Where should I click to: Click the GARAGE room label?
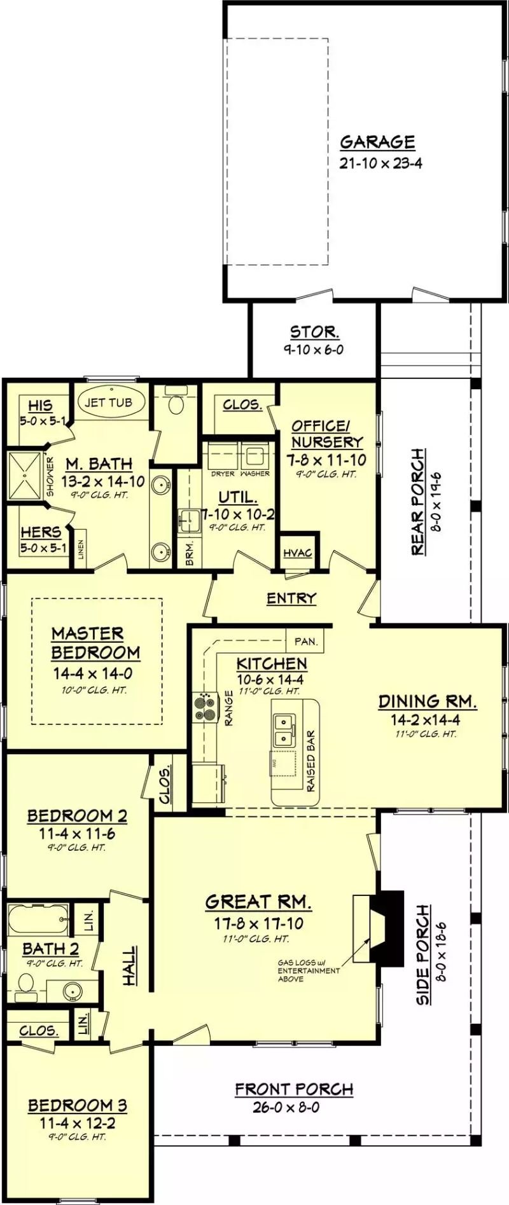pyautogui.click(x=377, y=142)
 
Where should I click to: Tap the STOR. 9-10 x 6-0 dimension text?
pyautogui.click(x=314, y=350)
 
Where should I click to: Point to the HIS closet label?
pyautogui.click(x=40, y=406)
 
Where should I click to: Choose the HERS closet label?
pyautogui.click(x=41, y=532)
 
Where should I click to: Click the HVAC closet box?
pyautogui.click(x=298, y=553)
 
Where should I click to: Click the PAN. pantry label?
pyautogui.click(x=306, y=642)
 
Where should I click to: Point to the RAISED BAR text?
pyautogui.click(x=311, y=761)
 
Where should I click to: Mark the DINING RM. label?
pyautogui.click(x=427, y=701)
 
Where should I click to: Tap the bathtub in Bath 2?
pyautogui.click(x=39, y=918)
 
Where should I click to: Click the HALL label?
pyautogui.click(x=129, y=966)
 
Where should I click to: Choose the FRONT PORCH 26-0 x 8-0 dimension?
pyautogui.click(x=286, y=1107)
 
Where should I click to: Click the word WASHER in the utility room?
pyautogui.click(x=255, y=474)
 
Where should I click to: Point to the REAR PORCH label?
pyautogui.click(x=417, y=501)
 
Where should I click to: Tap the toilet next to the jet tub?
pyautogui.click(x=176, y=403)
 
